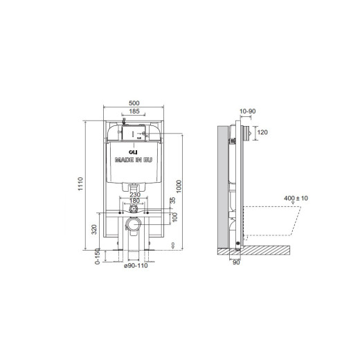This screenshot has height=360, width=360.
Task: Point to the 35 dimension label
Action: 173,199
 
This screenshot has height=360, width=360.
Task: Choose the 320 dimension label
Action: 95,229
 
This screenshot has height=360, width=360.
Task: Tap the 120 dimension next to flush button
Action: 262,132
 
